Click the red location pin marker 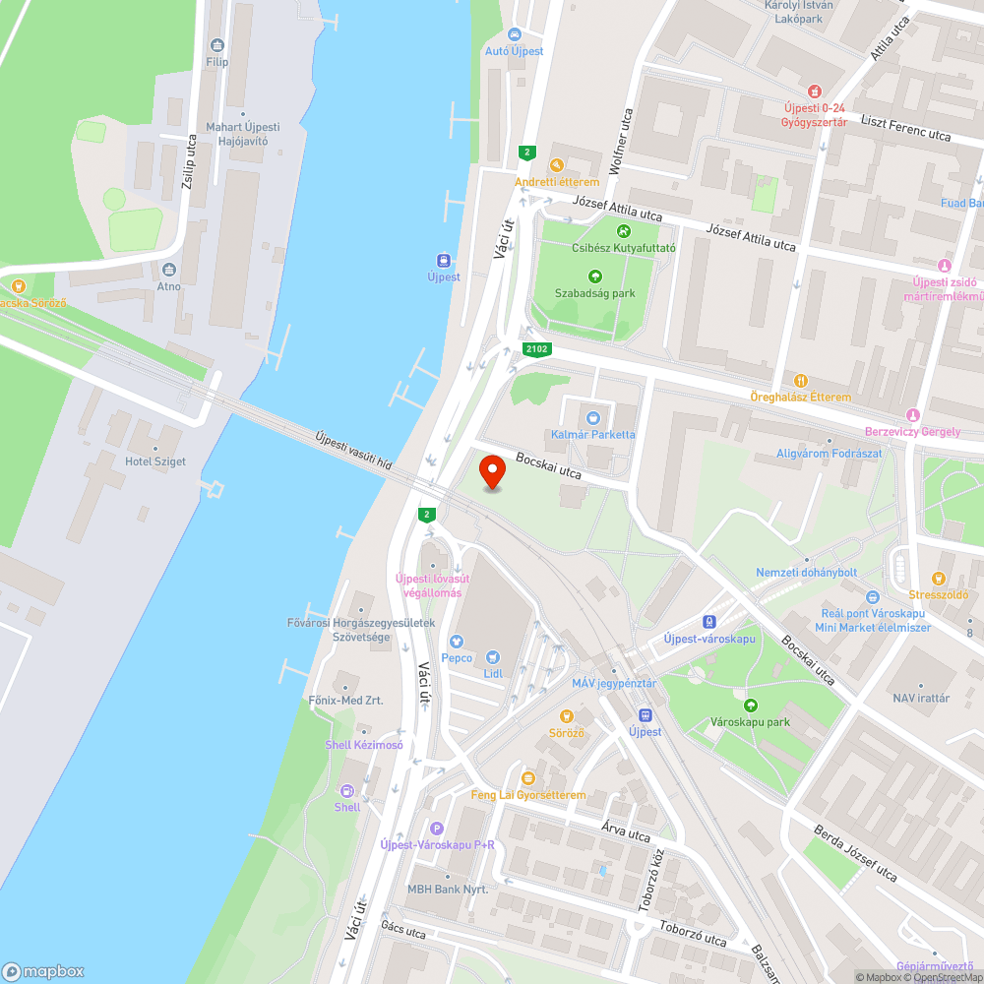coord(491,472)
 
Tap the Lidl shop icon coord(493,656)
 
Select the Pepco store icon coord(457,641)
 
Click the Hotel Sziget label coord(154,461)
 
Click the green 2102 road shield coord(536,348)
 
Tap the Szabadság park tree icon coord(594,277)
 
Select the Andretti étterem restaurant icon coord(556,165)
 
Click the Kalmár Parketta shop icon coord(592,417)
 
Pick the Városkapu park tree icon coord(750,705)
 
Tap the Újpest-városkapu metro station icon coord(709,622)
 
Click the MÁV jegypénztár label coord(613,683)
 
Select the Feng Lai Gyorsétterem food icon coord(528,777)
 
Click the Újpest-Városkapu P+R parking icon coord(437,829)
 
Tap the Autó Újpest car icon coord(515,34)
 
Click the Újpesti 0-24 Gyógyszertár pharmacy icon coord(813,91)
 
